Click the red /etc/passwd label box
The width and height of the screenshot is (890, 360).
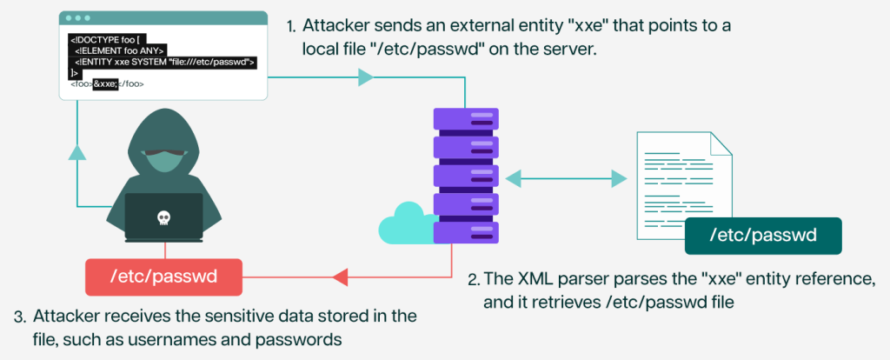(164, 277)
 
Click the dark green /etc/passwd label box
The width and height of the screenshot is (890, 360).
(763, 236)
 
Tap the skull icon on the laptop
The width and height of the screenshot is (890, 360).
(163, 218)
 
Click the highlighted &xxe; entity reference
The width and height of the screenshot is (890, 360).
(105, 84)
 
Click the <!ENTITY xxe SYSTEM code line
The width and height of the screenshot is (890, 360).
(164, 62)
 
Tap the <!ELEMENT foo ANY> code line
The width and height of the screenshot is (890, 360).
(120, 50)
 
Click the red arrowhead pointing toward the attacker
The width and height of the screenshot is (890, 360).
(341, 277)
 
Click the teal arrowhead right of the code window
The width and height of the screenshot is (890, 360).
(365, 78)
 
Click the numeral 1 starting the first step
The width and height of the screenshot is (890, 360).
(290, 26)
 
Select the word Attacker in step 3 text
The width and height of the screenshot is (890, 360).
(65, 314)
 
